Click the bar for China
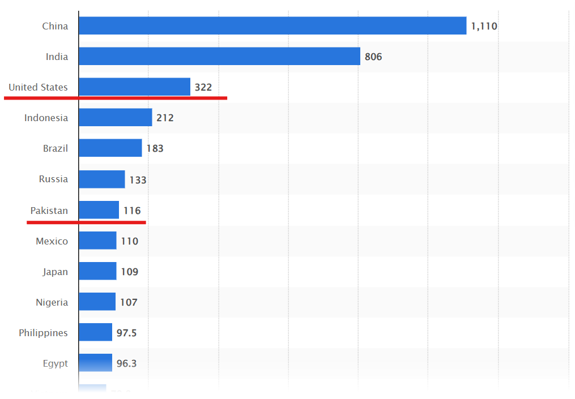272,25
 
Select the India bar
219,56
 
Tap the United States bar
134,87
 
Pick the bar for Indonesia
115,117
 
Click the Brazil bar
110,148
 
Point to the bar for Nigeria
97,302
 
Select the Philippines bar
95,332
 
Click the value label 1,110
484,26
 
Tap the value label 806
373,57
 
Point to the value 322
203,87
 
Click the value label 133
138,180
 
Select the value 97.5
126,333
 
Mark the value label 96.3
126,363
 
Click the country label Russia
53,179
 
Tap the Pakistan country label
49,211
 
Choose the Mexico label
52,241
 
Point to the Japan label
55,272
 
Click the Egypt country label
55,363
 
